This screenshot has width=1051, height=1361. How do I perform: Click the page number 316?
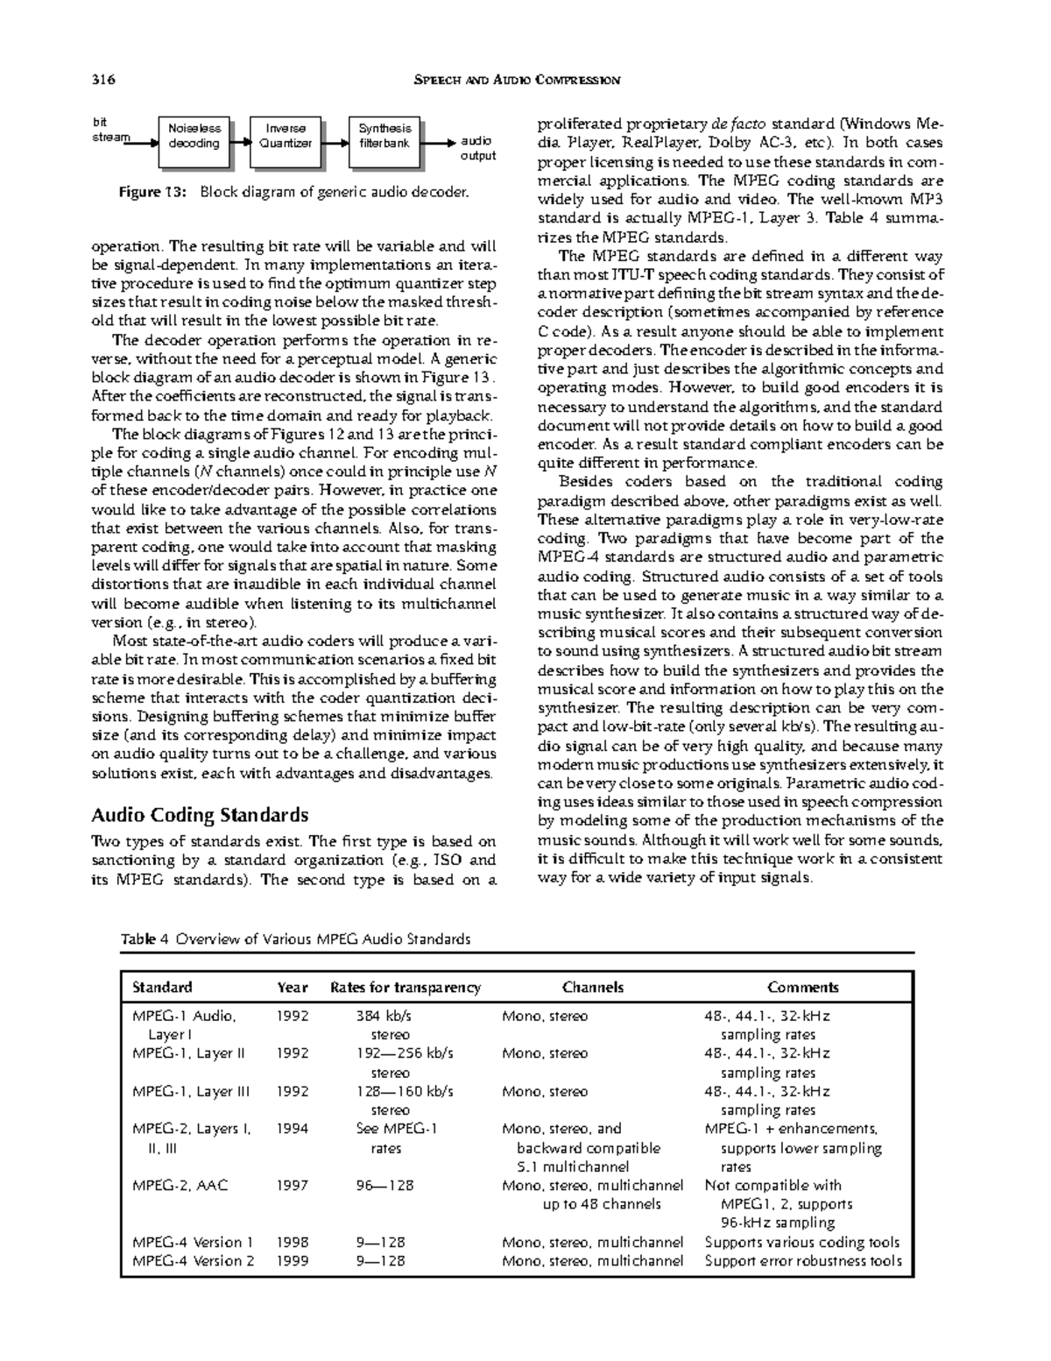click(103, 81)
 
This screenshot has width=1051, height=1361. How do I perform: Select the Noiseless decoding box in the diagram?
click(194, 136)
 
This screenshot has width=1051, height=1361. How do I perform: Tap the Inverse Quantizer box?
click(286, 136)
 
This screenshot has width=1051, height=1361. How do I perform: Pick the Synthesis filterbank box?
click(384, 136)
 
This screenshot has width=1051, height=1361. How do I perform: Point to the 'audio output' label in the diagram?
click(477, 148)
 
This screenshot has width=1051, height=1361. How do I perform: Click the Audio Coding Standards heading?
click(200, 815)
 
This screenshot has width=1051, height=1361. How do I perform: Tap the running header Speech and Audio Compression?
click(515, 81)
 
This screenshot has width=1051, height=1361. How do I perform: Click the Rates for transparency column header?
click(405, 987)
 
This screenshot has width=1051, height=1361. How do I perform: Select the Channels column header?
click(593, 987)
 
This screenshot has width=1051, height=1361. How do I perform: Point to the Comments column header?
click(802, 987)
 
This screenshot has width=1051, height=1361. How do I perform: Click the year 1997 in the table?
click(293, 1186)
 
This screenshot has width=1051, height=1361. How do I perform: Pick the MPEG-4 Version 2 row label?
click(193, 1261)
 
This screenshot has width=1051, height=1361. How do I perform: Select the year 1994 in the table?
click(293, 1129)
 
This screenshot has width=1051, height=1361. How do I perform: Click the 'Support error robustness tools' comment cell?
click(802, 1261)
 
